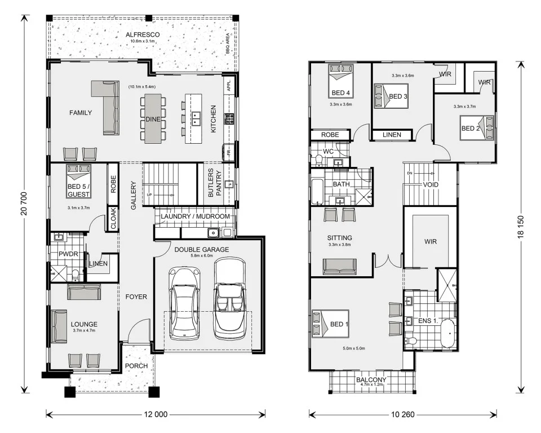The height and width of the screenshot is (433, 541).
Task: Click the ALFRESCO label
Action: pos(143,34)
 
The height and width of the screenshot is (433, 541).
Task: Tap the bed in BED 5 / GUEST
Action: pos(78,175)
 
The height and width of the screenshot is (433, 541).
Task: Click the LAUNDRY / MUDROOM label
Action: pos(195,216)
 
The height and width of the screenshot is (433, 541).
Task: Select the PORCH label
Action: pos(136,366)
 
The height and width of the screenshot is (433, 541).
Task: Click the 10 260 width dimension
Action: pos(402,414)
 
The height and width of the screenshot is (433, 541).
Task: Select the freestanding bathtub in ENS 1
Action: pos(447,334)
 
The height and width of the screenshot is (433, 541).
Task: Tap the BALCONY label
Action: pos(371,380)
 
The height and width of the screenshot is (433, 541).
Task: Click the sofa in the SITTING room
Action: pos(339,266)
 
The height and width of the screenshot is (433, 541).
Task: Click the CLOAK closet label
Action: pos(113,219)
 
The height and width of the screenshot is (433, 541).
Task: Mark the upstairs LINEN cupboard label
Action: pos(392,135)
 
